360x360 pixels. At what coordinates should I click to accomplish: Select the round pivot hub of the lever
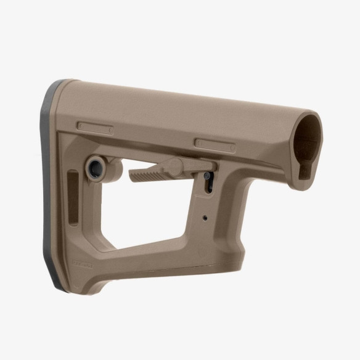point(176,166)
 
